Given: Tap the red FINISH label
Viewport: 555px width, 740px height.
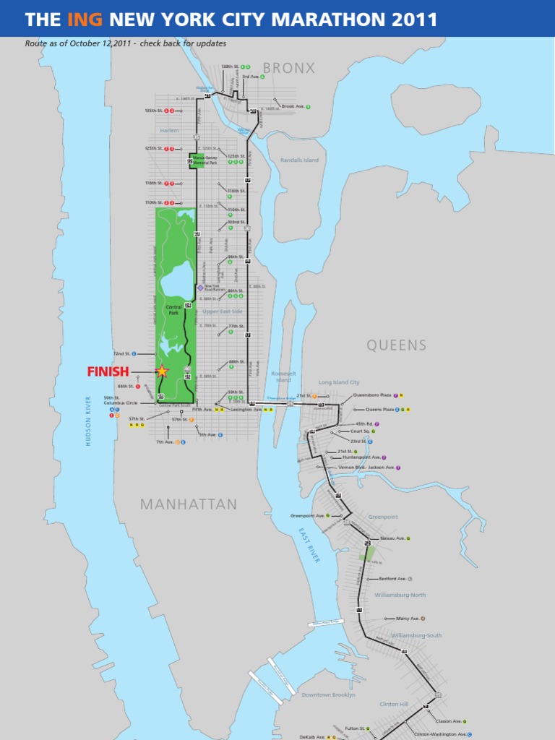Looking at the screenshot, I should point(108,372).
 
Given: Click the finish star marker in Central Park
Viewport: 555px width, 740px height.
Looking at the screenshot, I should point(162,371).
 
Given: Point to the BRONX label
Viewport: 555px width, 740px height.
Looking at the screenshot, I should point(289,68).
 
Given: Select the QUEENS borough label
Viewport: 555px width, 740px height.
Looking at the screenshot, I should point(397,345).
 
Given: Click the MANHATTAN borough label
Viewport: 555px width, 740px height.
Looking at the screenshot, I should point(189,504).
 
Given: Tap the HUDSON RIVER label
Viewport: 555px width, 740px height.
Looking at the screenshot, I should point(89,421).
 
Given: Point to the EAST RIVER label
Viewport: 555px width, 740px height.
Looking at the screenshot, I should point(309,544).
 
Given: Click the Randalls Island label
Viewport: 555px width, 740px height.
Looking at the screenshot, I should point(299,160).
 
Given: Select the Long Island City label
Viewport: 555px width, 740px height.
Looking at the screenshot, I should point(339,382).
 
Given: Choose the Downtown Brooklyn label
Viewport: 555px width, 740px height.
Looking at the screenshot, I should point(328,694).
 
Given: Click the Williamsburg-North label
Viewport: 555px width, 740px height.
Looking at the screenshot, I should point(400,595).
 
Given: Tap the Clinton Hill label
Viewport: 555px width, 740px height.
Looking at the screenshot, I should point(394,703).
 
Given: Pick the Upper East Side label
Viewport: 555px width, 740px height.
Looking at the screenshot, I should point(223,311).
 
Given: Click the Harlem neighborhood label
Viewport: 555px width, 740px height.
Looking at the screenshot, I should point(169,131).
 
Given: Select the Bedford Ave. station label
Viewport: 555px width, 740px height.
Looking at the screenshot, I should point(392,579).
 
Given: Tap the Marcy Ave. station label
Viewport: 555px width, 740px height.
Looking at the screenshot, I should point(408,619).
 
